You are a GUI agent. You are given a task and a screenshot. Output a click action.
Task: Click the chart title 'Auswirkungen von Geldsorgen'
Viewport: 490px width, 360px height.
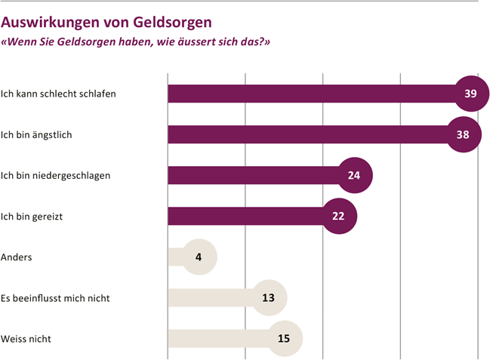click(106, 22)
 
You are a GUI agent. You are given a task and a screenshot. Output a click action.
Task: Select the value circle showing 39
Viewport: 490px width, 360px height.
click(470, 94)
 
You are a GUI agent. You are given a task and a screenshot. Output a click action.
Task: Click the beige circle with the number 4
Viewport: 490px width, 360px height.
click(199, 257)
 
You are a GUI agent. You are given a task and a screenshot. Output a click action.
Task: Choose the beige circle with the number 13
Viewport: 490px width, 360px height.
click(269, 297)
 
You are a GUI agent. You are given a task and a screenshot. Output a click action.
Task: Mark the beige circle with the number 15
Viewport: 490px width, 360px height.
click(284, 338)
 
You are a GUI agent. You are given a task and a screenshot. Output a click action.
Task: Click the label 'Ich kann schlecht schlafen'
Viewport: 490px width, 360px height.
click(63, 94)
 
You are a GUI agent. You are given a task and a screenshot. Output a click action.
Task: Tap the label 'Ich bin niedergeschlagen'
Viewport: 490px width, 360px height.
click(57, 175)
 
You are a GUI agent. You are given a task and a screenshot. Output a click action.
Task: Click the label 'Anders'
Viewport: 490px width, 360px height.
click(17, 257)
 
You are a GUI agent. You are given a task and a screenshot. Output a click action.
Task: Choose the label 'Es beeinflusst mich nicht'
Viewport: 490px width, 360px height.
click(56, 297)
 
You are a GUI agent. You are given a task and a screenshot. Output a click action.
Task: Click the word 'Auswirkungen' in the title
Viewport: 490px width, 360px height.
click(50, 22)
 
